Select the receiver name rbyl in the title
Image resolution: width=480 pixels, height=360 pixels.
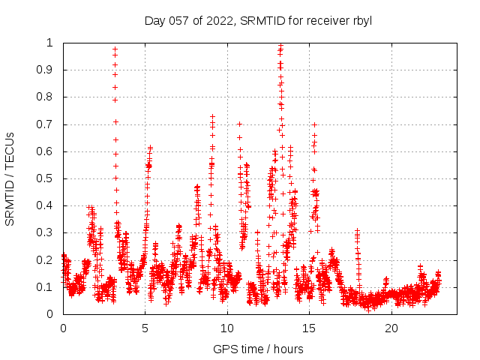pyautogui.click(x=361, y=21)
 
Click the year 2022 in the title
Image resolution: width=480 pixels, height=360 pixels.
pyautogui.click(x=218, y=21)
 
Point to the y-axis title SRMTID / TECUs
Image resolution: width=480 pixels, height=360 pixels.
pyautogui.click(x=10, y=178)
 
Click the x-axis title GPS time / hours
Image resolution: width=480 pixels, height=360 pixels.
pyautogui.click(x=258, y=349)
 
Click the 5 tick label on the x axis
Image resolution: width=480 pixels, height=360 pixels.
pyautogui.click(x=145, y=328)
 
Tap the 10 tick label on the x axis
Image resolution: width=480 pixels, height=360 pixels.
pyautogui.click(x=227, y=328)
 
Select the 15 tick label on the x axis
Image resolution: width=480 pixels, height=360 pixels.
pyautogui.click(x=309, y=328)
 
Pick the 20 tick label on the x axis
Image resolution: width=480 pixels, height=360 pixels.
pyautogui.click(x=391, y=328)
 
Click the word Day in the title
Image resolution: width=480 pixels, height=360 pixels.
pyautogui.click(x=154, y=21)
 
